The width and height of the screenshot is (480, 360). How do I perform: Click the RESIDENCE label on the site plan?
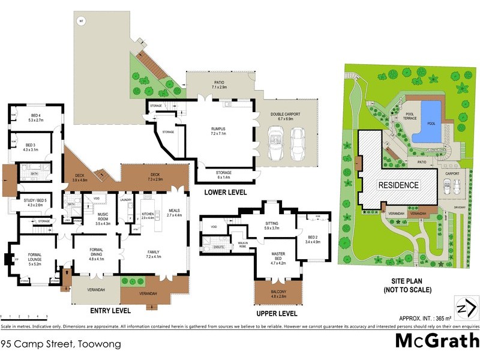coord(398,185)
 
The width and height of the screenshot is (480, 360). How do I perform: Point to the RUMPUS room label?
coord(218,129)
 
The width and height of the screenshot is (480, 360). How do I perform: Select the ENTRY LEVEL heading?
coord(111,311)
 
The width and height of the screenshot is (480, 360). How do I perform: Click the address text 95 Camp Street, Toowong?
coord(61,344)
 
